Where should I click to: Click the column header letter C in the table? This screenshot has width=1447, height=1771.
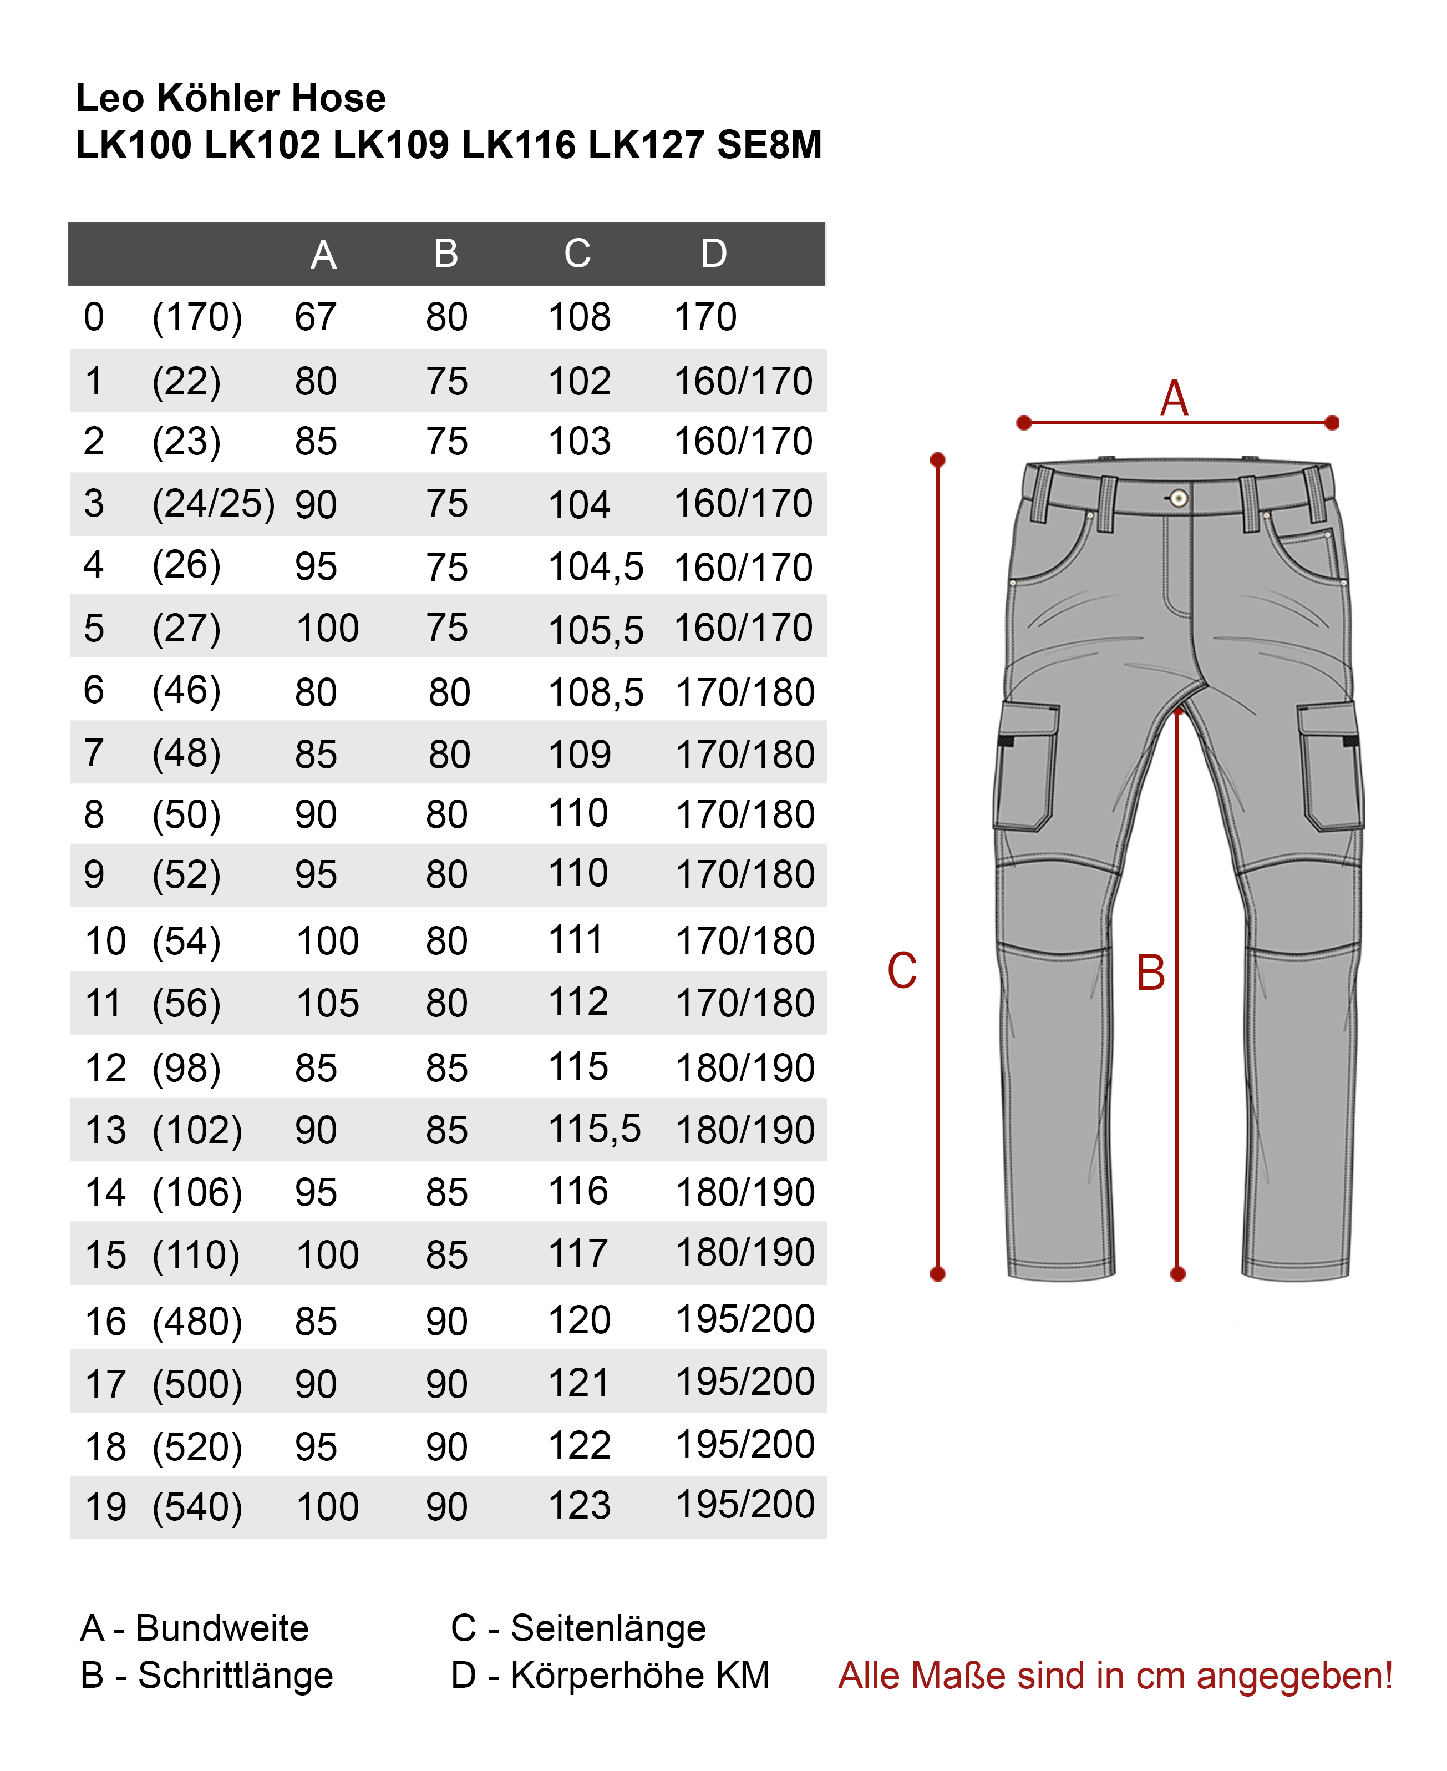[577, 254]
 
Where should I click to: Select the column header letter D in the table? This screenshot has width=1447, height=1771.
[713, 254]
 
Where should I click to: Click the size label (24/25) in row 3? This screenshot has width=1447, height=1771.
[214, 504]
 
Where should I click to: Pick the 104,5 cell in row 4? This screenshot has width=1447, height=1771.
[595, 568]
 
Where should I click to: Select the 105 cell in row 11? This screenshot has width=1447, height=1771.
[328, 1003]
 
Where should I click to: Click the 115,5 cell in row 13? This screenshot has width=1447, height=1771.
[595, 1129]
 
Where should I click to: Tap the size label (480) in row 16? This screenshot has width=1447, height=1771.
[197, 1322]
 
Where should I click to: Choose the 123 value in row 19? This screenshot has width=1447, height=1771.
[580, 1506]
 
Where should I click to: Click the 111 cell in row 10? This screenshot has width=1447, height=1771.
[575, 940]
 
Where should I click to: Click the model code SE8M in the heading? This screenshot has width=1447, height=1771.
[769, 145]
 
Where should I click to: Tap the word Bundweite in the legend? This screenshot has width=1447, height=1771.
[222, 1628]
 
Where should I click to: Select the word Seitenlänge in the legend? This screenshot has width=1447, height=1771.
[608, 1628]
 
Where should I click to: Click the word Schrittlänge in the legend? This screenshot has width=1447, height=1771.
[235, 1676]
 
